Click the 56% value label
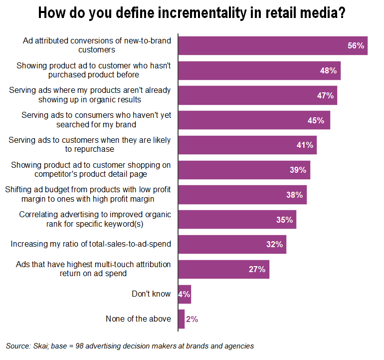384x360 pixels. point(357,45)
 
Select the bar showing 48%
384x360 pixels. point(259,70)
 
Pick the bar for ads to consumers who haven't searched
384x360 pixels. point(254,120)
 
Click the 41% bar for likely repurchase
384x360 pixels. point(247,145)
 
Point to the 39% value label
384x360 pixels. point(298,170)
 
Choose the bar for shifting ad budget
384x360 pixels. point(242,195)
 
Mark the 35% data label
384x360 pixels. point(285,220)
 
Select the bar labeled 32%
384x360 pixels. point(232,245)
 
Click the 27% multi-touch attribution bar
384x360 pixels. point(223,269)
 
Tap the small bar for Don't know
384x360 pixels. point(185,294)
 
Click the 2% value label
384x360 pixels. point(192,319)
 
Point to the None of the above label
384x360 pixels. point(138,319)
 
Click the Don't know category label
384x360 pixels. point(151,294)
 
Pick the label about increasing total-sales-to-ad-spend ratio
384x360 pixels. point(91,245)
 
